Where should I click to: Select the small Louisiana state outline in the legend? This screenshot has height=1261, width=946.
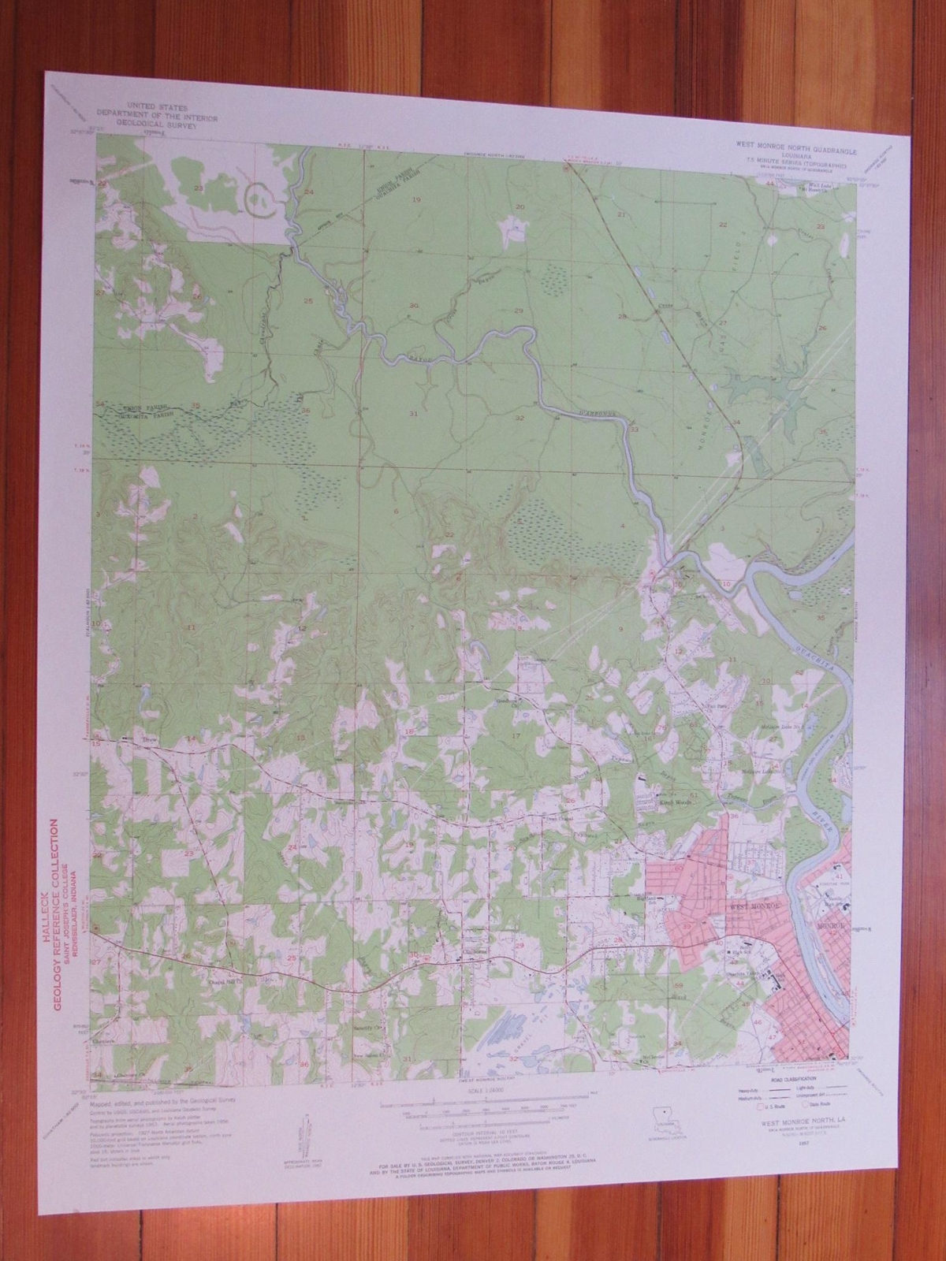665,1116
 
